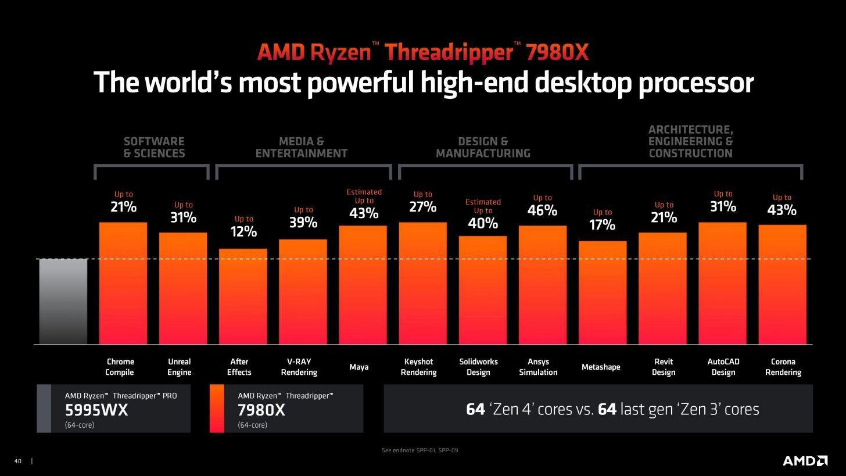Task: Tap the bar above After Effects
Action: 243,296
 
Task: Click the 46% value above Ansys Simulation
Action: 542,210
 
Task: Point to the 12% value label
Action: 243,231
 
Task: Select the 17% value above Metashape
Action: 602,224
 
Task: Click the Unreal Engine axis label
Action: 179,367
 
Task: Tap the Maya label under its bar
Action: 359,367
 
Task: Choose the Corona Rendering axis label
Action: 783,367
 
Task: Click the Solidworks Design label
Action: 478,367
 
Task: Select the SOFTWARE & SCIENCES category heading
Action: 154,148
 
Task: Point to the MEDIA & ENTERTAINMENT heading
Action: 301,148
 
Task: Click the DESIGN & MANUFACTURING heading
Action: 483,148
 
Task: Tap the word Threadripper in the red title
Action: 449,53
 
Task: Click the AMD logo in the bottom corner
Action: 805,460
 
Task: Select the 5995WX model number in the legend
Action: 96,410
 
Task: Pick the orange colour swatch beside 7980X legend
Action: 216,409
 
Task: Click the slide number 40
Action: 17,461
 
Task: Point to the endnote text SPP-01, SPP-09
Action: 423,450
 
